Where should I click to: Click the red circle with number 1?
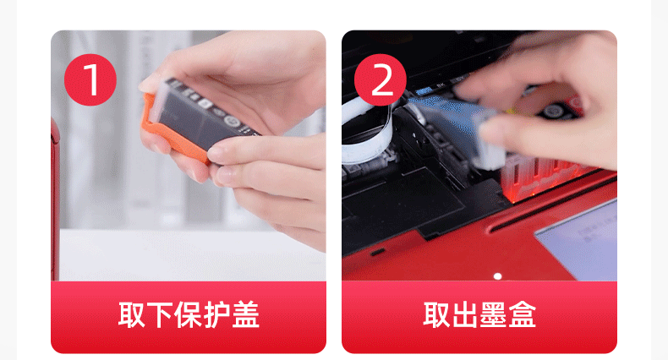[90, 79]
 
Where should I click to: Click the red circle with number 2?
[381, 79]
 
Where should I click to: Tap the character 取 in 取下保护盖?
[132, 315]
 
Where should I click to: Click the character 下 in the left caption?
[160, 315]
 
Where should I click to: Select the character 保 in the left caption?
[188, 315]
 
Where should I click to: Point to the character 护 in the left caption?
[216, 315]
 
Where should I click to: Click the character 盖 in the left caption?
[245, 315]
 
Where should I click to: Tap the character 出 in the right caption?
[465, 315]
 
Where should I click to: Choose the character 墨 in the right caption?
[493, 315]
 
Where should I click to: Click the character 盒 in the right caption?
[522, 315]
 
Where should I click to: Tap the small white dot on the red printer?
[497, 276]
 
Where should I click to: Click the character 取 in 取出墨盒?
[436, 315]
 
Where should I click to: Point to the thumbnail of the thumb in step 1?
[148, 86]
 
